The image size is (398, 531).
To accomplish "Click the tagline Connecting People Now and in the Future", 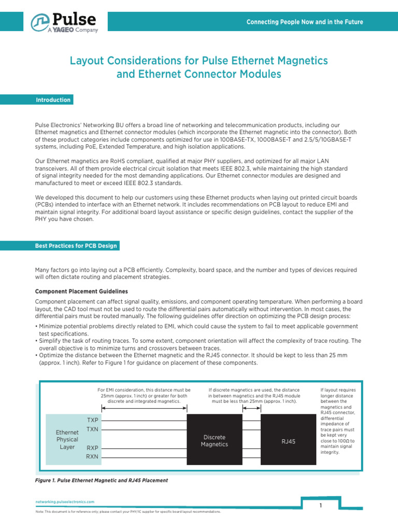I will [304, 22].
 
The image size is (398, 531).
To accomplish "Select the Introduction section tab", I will [53, 100].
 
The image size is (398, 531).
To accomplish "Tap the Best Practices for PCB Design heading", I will [76, 246].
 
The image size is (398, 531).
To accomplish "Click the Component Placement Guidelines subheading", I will [81, 291].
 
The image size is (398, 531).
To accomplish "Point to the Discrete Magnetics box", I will [214, 441].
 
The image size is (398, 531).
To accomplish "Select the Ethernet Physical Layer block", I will [67, 439].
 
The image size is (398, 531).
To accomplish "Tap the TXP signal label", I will [92, 420].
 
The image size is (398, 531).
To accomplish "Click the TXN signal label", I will [92, 429].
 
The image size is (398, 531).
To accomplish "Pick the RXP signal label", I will [92, 448].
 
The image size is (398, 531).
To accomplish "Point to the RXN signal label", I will [92, 457].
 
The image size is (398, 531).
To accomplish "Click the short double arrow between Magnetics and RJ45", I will [251, 409].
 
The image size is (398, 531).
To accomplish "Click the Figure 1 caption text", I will [101, 481].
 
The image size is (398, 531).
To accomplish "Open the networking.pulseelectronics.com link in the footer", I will [65, 502].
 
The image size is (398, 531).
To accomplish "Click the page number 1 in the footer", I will [321, 505].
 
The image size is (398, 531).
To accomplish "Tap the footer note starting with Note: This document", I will [127, 511].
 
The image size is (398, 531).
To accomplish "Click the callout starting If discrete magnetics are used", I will [254, 395].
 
